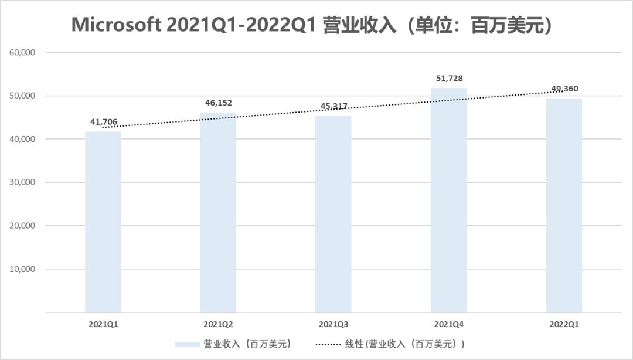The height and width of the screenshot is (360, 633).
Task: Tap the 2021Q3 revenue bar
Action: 333,214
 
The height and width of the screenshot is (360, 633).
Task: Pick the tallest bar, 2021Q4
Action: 448,200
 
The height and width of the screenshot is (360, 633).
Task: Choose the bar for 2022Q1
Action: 564,205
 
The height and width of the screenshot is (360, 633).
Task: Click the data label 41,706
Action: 103,122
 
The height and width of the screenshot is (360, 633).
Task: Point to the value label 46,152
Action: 218,103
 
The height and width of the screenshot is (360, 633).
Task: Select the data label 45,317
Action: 333,106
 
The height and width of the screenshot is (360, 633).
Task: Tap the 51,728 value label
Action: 448,79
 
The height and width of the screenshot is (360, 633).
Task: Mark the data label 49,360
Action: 564,89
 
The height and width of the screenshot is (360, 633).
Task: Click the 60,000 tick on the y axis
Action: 23,52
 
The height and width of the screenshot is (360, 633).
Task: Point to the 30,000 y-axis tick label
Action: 23,182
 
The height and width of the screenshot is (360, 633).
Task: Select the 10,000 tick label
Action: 23,269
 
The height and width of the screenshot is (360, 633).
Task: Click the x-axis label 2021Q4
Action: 448,324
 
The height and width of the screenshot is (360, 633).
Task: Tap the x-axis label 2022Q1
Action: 564,324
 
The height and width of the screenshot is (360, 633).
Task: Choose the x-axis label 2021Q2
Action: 218,324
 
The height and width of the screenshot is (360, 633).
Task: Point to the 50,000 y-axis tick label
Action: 23,96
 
